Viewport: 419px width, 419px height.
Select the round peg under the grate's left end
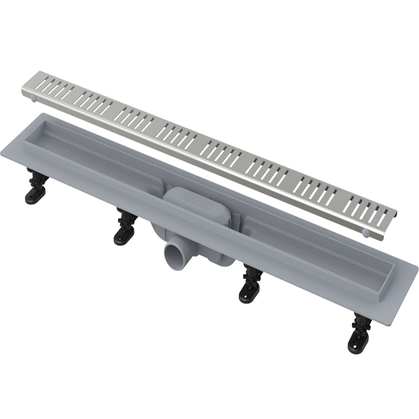click(x=35, y=98)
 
